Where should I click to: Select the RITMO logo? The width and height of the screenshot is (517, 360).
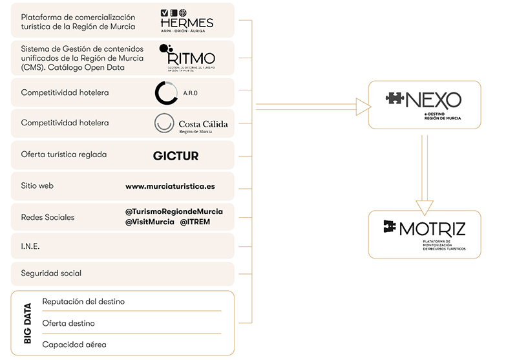(x=186, y=58)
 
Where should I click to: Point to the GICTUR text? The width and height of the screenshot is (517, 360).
(x=175, y=156)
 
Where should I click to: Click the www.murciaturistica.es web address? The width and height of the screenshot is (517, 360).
(x=170, y=186)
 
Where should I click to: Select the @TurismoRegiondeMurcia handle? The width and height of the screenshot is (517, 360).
(x=174, y=211)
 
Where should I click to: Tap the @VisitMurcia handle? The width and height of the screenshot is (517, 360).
(x=149, y=222)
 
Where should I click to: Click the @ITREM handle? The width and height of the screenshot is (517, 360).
(x=195, y=222)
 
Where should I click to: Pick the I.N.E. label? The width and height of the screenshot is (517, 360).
(x=30, y=246)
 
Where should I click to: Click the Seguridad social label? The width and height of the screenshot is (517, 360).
(x=51, y=273)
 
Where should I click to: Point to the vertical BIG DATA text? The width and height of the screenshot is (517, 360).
(x=27, y=323)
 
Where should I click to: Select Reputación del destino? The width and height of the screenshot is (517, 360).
(x=83, y=301)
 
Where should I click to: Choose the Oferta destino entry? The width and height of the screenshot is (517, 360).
(x=69, y=323)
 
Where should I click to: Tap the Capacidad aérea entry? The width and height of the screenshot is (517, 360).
(x=74, y=344)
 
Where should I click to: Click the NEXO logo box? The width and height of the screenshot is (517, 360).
(x=424, y=105)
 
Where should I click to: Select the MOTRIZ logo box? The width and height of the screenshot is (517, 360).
(x=424, y=234)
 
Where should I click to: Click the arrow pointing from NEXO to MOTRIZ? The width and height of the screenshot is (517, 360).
(x=424, y=175)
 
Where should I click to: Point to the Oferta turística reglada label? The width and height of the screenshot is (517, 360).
(x=64, y=155)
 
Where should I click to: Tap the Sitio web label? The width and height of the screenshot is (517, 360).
(x=37, y=186)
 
